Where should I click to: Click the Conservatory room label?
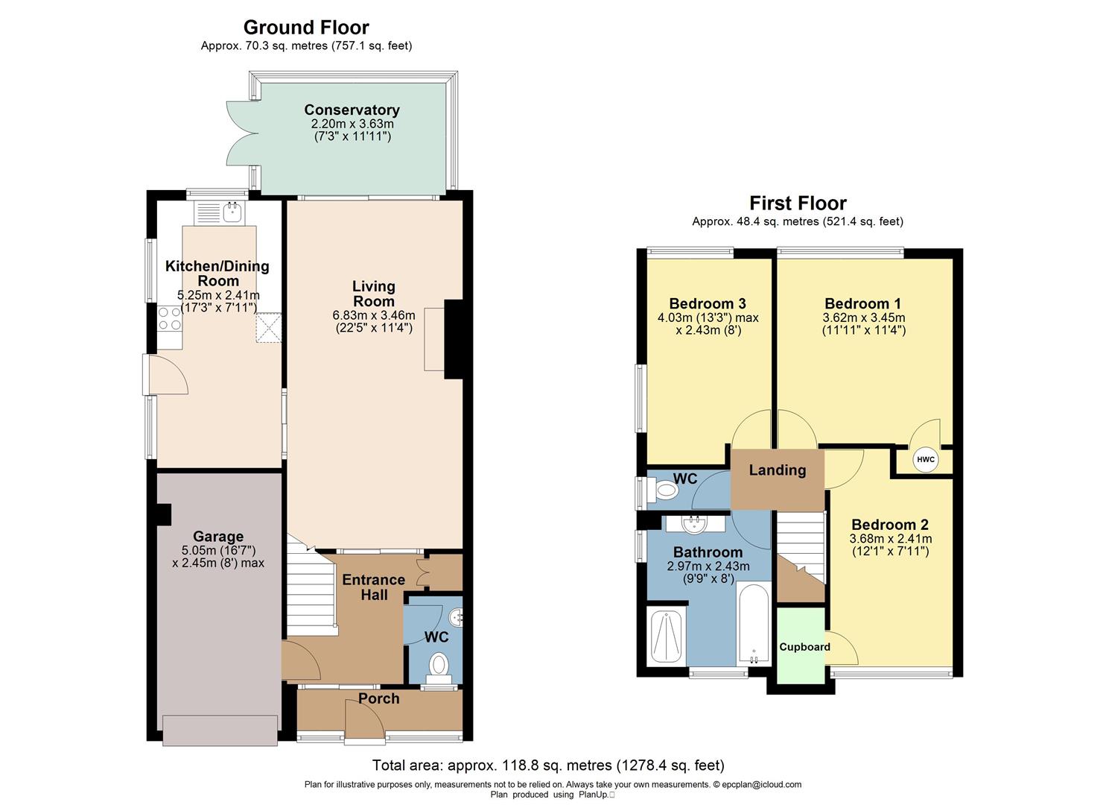[x=352, y=110]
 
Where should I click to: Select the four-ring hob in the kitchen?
[x=170, y=319]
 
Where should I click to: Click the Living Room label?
[x=374, y=294]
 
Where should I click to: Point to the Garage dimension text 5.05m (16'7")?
[x=218, y=550]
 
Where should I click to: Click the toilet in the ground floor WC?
[x=439, y=665]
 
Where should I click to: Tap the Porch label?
[x=378, y=698]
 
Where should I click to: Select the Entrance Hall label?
[x=374, y=587]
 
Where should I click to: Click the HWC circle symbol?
[x=925, y=459]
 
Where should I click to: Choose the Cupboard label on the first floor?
[x=804, y=647]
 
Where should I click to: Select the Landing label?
[x=777, y=470]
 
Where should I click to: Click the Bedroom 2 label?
[x=889, y=525]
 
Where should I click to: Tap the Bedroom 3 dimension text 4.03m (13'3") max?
[x=708, y=318]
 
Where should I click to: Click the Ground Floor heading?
[x=306, y=28]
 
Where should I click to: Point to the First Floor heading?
[x=798, y=203]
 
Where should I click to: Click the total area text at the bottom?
[x=548, y=765]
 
